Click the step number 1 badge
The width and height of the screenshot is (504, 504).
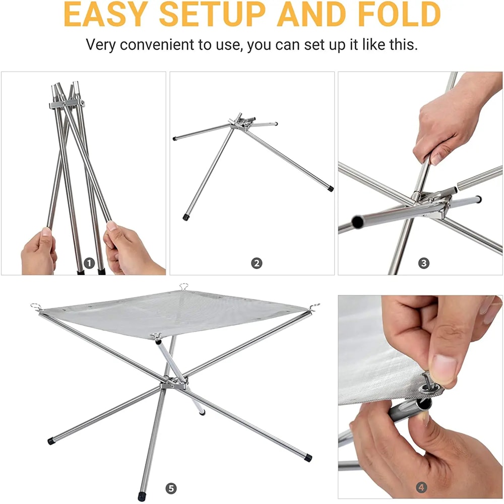click(x=89, y=263)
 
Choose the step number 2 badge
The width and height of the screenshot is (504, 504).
click(x=257, y=263)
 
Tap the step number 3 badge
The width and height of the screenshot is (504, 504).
click(x=424, y=263)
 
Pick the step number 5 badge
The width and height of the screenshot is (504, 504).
click(x=171, y=488)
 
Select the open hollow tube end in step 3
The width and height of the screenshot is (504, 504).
click(x=357, y=221)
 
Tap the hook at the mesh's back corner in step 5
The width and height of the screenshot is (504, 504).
click(x=183, y=287)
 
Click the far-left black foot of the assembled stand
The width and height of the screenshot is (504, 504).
click(x=51, y=440)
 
